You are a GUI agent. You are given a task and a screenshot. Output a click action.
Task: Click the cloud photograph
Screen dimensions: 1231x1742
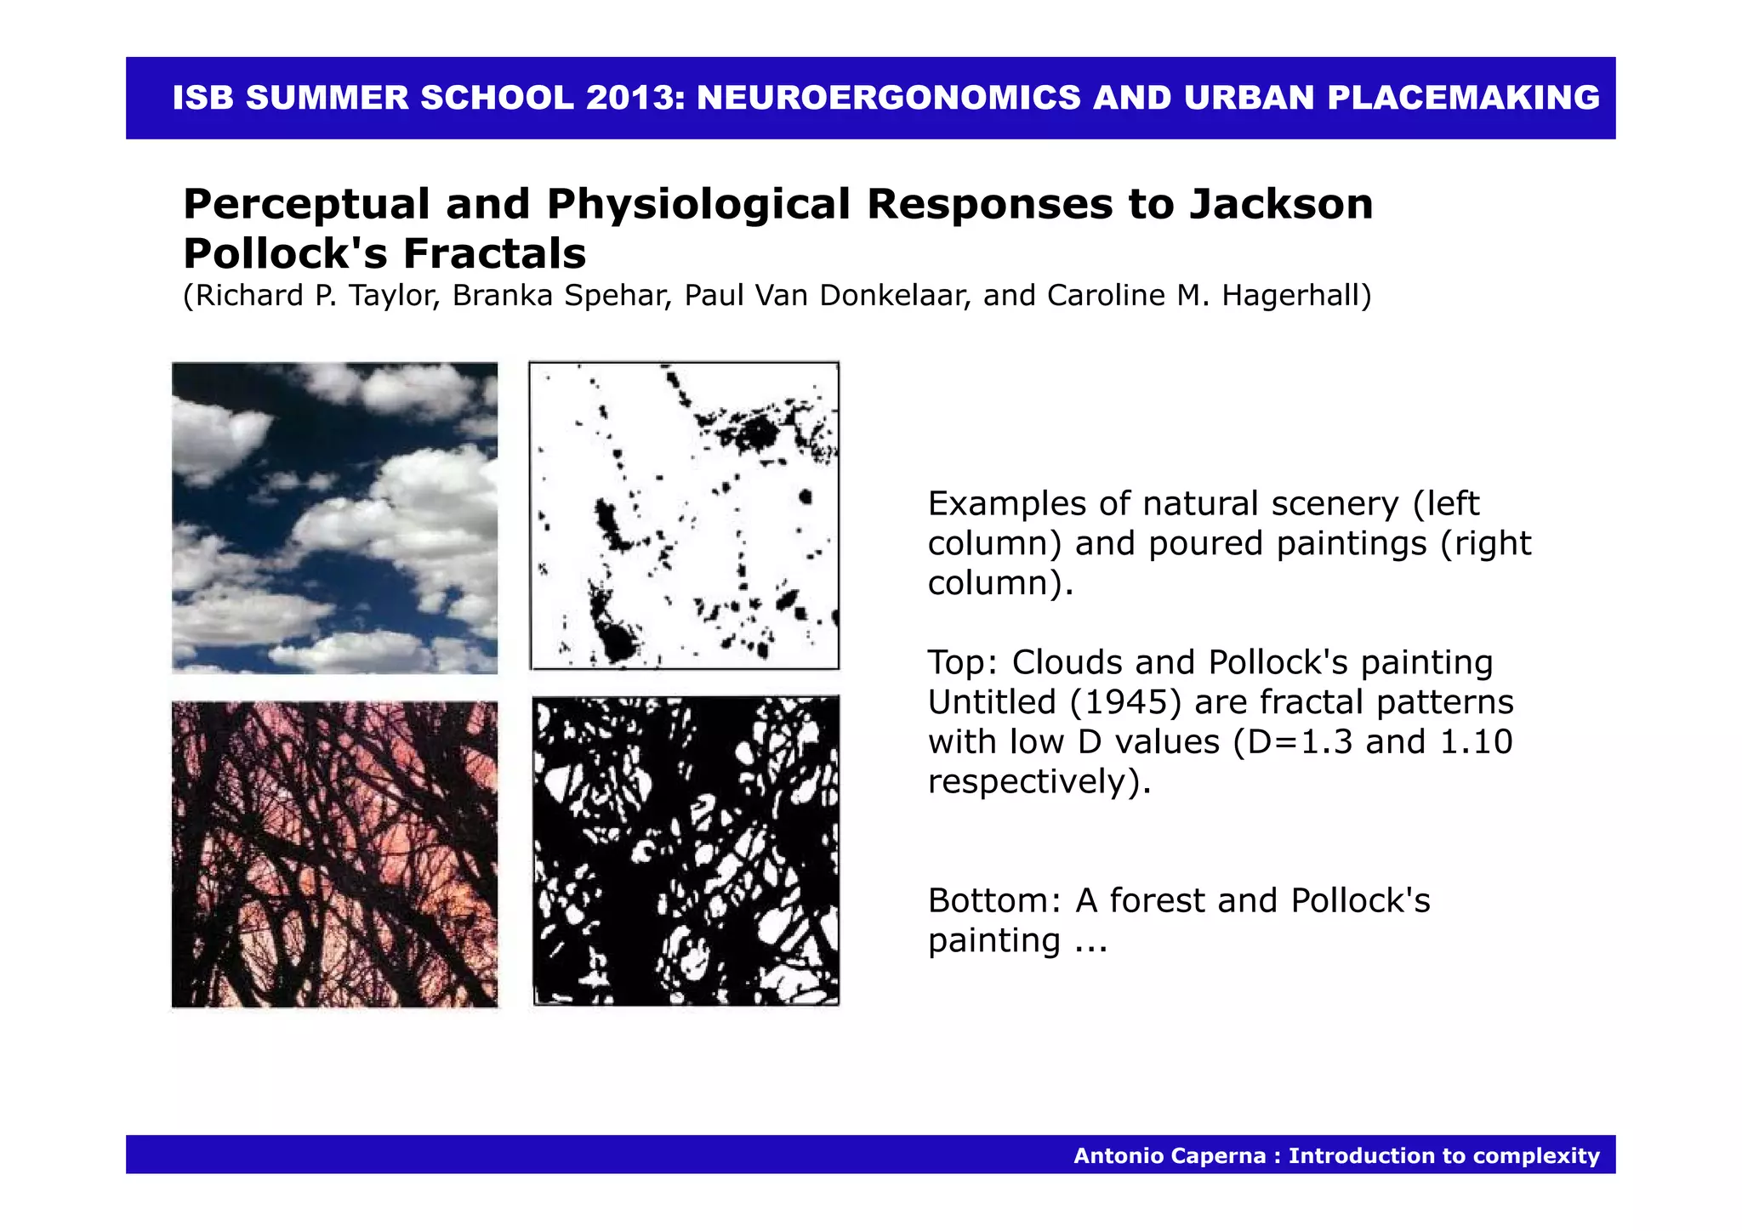pos(334,518)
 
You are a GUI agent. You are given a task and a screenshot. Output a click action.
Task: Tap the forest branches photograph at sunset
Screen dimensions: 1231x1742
pos(334,854)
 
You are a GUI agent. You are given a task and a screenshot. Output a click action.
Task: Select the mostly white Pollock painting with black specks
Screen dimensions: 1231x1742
pos(685,516)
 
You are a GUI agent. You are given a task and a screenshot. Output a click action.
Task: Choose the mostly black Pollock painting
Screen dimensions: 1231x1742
pos(686,851)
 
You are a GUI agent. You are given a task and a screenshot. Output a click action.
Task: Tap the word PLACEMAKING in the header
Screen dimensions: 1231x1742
pos(1463,99)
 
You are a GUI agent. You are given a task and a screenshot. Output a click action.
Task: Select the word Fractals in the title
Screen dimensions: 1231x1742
pos(494,253)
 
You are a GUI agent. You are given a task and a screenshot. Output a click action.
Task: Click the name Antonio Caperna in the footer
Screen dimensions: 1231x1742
pos(1169,1156)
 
